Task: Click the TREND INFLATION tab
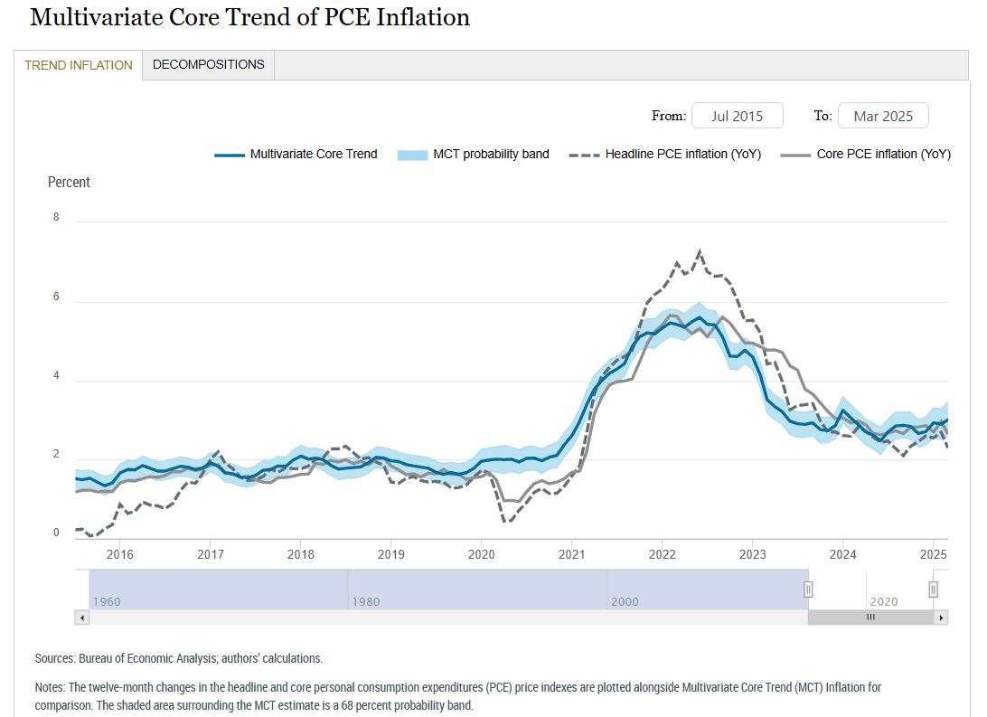[78, 65]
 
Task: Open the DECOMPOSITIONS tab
[208, 64]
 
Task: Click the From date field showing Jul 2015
[737, 116]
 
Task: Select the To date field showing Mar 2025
[882, 116]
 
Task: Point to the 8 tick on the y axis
[56, 217]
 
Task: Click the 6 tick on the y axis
[56, 297]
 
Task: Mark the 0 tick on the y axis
[56, 533]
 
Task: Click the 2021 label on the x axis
[571, 554]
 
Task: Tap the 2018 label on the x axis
[301, 554]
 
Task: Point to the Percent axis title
[69, 182]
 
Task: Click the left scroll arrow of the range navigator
[81, 618]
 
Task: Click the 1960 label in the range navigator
[106, 601]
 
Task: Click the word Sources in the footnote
[54, 658]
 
